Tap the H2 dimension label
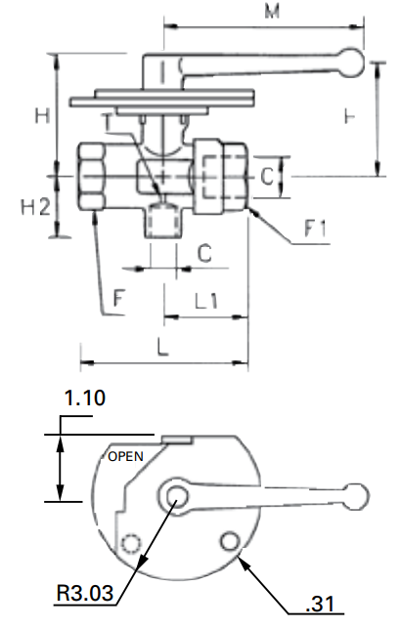coord(35,206)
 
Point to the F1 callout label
coord(316,230)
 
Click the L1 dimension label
coord(207,302)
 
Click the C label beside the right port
coord(265,177)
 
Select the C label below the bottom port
coord(203,252)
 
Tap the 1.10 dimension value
coord(84,398)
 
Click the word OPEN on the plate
coord(125,456)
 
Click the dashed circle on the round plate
coord(130,542)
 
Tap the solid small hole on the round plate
coord(231,540)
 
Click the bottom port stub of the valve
coord(162,223)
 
